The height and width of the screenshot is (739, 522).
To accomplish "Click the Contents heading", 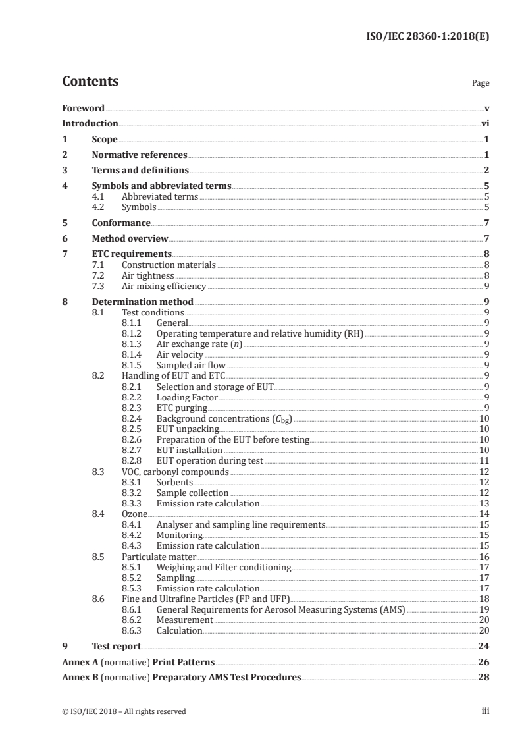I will click(90, 82).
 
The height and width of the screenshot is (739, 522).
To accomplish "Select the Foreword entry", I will click(83, 108).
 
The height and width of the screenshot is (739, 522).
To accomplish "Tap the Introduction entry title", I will click(90, 123).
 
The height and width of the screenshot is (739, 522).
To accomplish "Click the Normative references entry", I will click(140, 155).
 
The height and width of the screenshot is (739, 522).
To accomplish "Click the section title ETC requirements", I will click(132, 254).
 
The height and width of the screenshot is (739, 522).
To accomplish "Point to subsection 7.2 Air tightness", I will click(148, 275).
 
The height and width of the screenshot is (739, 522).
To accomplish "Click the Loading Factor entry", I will click(187, 397).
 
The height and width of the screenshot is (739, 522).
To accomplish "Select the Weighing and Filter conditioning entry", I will click(223, 567).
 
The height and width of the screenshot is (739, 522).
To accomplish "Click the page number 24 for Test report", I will click(483, 647).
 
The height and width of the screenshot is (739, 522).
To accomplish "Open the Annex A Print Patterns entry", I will click(138, 662).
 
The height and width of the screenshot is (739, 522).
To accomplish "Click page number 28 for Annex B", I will click(483, 677).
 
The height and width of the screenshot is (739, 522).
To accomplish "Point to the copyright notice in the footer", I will click(124, 711).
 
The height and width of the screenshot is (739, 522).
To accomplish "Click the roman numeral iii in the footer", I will click(485, 711).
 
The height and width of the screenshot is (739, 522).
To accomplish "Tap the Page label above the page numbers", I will click(481, 84).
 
